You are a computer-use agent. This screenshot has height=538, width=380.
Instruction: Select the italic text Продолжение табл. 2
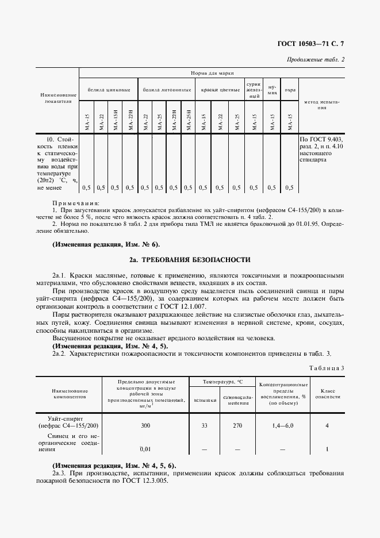(316, 59)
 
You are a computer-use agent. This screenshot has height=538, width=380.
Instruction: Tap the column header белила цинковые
(108, 90)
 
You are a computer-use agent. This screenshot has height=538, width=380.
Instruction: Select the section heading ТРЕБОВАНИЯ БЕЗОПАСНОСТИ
(197, 259)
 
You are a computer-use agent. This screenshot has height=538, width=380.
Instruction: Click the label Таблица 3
(326, 367)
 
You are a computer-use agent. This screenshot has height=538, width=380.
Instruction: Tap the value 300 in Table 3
(145, 425)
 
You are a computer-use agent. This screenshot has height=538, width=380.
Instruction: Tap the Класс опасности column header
(327, 393)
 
